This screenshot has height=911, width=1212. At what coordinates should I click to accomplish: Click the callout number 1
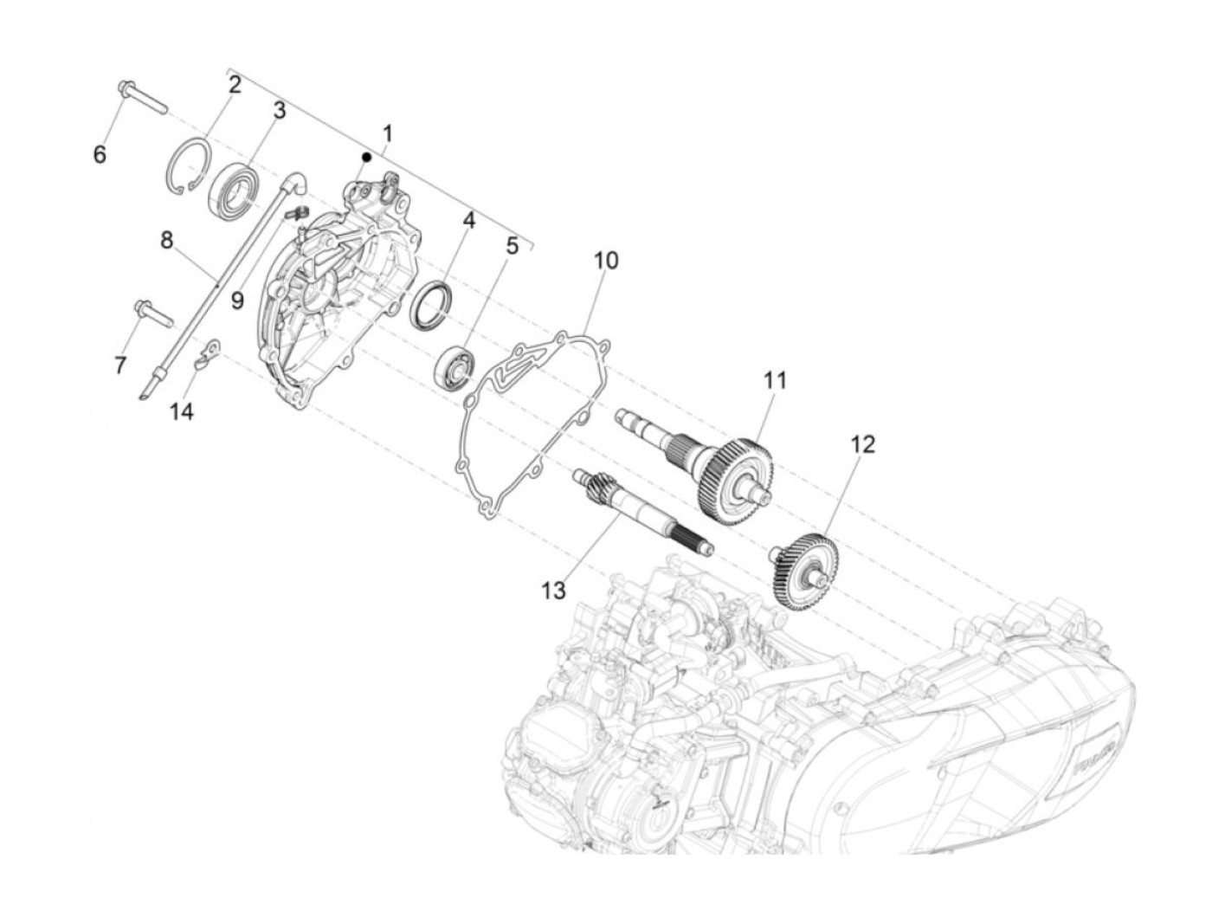(387, 134)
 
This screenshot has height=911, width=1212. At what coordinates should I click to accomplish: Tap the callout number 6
(100, 155)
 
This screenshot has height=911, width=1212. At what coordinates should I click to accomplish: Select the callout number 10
(606, 260)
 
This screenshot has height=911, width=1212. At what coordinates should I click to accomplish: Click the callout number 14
(181, 410)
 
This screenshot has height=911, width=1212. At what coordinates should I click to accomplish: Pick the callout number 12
(862, 445)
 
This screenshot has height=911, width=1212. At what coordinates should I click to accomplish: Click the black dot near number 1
(367, 157)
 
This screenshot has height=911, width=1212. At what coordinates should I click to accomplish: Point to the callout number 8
(167, 240)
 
